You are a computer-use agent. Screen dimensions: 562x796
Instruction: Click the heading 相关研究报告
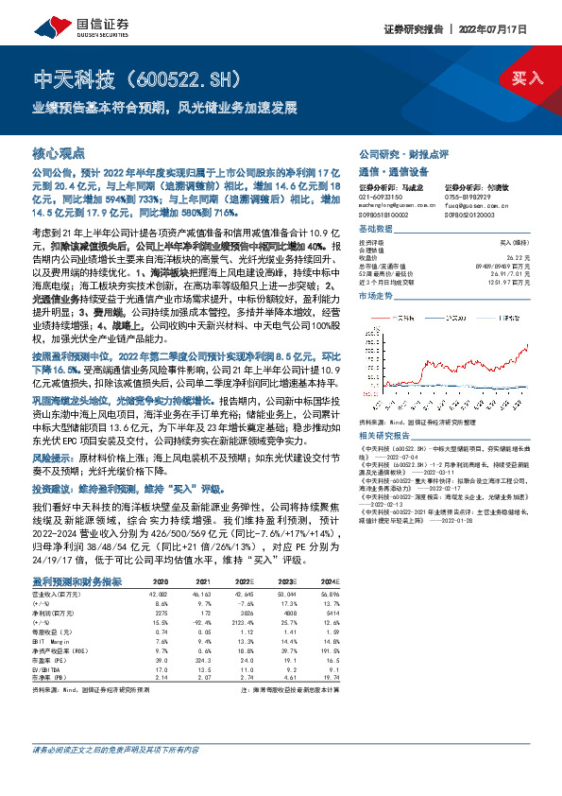[x=385, y=407]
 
